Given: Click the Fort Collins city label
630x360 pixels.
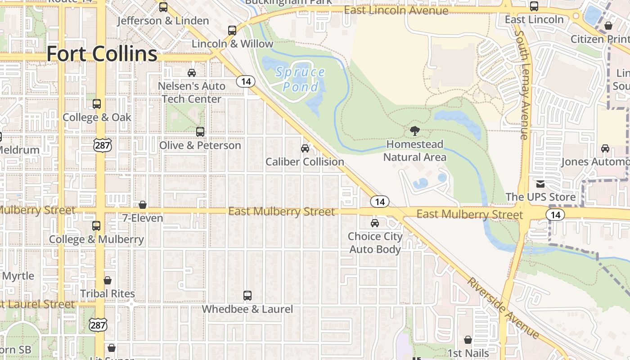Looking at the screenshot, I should (x=102, y=54).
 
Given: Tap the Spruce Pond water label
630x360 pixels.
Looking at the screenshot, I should (x=301, y=79).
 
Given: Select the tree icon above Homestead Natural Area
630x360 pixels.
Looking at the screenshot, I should (x=415, y=131).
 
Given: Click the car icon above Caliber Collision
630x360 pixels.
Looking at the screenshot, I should (x=305, y=148).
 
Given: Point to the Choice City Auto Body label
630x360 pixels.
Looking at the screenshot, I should (x=375, y=243).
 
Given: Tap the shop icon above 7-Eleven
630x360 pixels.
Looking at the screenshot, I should (x=143, y=205).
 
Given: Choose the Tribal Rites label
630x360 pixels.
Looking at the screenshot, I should (x=108, y=294).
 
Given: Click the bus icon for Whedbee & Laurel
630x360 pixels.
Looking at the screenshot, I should (x=247, y=296).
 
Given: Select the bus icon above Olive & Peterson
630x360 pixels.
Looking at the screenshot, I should (x=200, y=132).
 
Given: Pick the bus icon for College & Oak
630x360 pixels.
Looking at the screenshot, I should (x=97, y=104).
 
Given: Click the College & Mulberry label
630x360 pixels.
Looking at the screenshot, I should (x=96, y=239).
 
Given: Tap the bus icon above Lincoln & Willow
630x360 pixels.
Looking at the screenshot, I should (x=232, y=31).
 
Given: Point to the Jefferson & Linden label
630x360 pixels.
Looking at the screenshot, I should (x=163, y=21).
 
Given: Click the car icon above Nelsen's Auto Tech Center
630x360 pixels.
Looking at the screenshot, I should (x=192, y=72).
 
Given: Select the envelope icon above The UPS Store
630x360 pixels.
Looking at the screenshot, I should (x=540, y=184).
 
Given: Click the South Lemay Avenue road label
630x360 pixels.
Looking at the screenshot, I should (x=523, y=85).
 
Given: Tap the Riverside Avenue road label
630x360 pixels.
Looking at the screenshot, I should (x=503, y=308).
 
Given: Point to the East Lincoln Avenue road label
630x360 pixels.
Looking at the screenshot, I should (x=396, y=10).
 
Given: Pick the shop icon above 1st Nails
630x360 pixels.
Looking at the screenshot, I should (x=468, y=340).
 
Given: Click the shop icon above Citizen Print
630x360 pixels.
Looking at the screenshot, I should (x=608, y=26).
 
